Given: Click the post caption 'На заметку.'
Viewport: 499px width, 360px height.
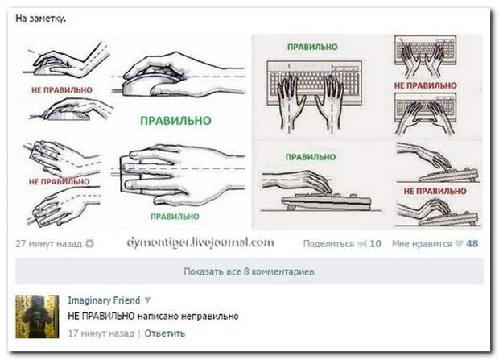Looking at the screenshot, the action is click(x=41, y=19).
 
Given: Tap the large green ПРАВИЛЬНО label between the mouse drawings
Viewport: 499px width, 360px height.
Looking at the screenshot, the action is click(x=175, y=121).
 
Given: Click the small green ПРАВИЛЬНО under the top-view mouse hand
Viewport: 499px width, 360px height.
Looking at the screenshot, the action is click(x=175, y=217).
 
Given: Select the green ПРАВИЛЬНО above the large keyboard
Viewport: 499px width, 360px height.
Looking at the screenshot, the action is click(x=312, y=47).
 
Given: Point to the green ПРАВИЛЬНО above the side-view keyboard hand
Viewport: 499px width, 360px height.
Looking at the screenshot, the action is click(x=311, y=157).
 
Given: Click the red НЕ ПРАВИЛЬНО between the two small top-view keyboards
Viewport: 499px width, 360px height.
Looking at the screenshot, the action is click(x=426, y=85).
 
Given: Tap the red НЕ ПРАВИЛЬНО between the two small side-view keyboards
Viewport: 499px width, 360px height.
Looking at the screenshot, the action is click(x=435, y=191).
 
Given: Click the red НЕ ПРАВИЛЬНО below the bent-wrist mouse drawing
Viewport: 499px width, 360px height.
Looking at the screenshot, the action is click(x=62, y=90).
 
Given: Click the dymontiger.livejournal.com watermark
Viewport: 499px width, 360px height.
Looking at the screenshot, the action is click(x=200, y=242).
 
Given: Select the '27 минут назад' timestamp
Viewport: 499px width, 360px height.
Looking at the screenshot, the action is click(x=48, y=244).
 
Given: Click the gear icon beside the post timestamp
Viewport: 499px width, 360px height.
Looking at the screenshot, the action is click(x=90, y=244).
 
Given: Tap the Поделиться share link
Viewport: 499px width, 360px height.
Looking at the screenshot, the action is click(x=328, y=244).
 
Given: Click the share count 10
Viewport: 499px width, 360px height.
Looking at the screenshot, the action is click(x=375, y=244).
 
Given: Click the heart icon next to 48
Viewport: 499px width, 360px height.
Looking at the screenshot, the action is click(x=459, y=244).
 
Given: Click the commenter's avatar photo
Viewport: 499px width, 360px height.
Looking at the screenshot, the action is click(x=37, y=317).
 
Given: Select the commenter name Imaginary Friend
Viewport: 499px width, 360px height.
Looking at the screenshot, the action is click(x=104, y=300).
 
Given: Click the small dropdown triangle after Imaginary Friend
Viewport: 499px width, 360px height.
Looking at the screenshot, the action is click(x=147, y=300).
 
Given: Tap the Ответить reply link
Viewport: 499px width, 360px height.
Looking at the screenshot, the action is click(x=164, y=333).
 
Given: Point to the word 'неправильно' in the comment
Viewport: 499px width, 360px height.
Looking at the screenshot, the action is click(x=210, y=317).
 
